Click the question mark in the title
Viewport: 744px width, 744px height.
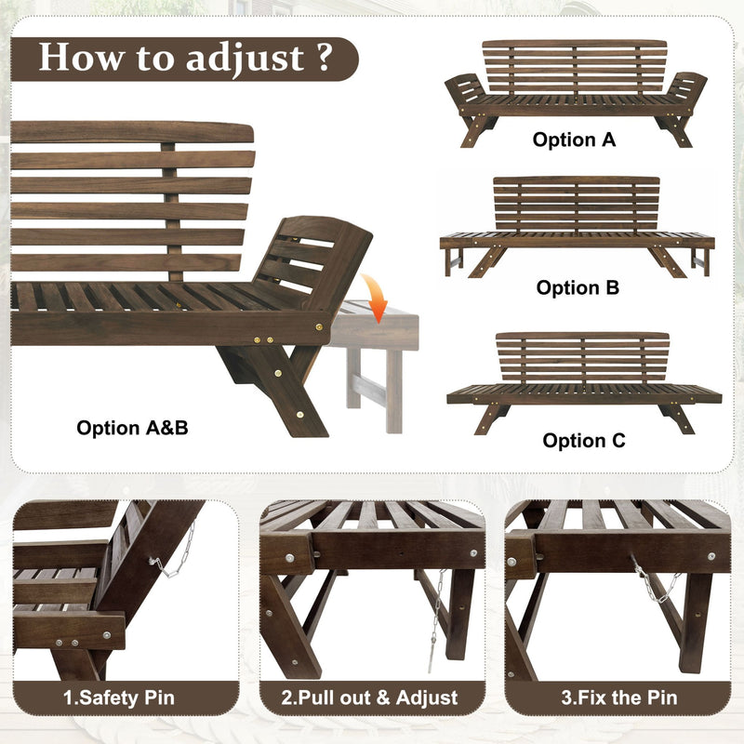(x=324, y=58)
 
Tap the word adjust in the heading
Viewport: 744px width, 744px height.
(x=245, y=59)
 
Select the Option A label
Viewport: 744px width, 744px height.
(x=574, y=140)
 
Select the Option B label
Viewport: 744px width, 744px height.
(x=578, y=288)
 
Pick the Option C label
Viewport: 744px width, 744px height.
(x=584, y=441)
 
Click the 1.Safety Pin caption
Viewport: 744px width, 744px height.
(x=118, y=697)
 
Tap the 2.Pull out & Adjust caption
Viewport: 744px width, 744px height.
(x=371, y=697)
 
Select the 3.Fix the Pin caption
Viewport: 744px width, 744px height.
(x=618, y=697)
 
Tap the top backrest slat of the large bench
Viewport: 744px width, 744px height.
(x=130, y=132)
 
